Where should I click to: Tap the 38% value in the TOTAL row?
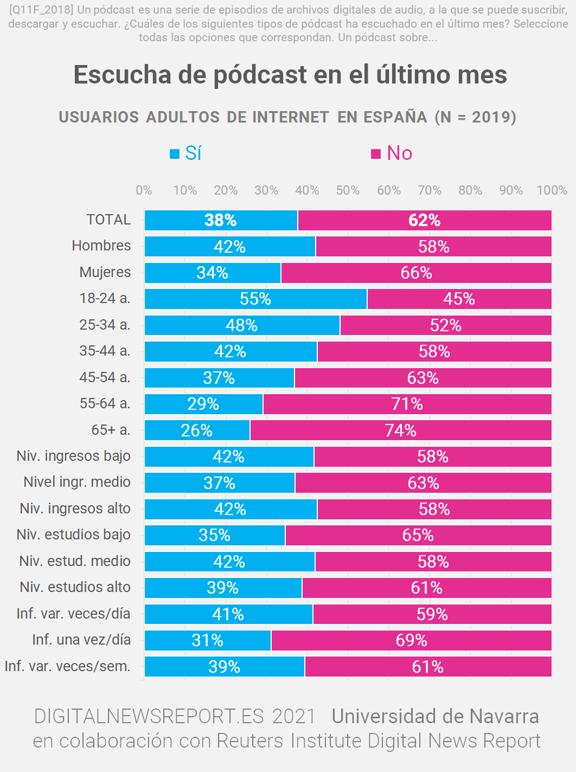[x=220, y=220]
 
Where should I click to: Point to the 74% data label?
[x=400, y=430]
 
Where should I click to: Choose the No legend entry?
[x=392, y=153]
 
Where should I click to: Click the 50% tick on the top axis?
[x=348, y=190]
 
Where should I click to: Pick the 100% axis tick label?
[x=552, y=190]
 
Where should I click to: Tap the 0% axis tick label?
[x=144, y=190]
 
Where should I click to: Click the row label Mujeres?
[x=105, y=272]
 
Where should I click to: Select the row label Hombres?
[x=101, y=246]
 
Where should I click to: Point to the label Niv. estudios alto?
[x=75, y=587]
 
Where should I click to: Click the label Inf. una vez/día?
[x=81, y=640]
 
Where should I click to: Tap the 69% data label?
[x=411, y=640]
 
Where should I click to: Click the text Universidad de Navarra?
[x=435, y=716]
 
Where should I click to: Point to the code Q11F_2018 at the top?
[x=41, y=10]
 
